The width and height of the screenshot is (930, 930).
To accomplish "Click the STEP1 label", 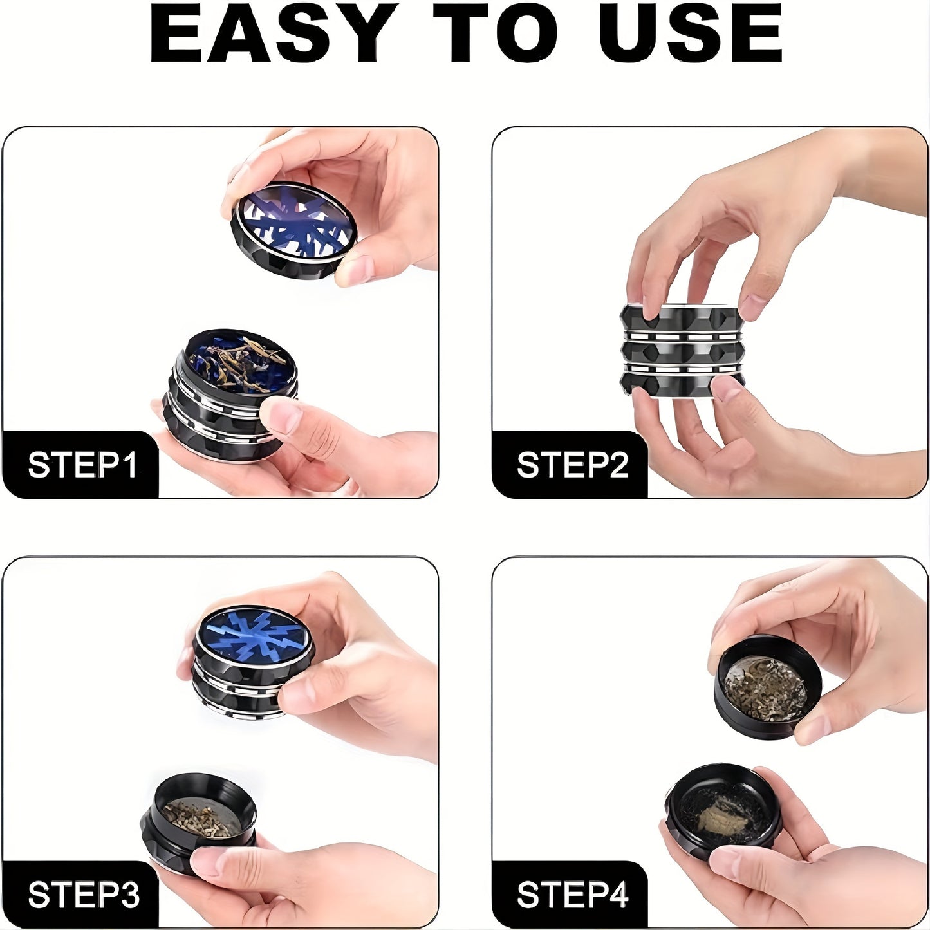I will point(82,465).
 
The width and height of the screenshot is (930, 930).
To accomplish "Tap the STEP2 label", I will point(572,465).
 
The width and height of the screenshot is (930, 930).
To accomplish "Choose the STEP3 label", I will point(82,895).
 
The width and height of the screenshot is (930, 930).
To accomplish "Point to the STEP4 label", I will point(572,895).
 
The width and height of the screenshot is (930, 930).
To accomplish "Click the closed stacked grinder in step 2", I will point(682,351).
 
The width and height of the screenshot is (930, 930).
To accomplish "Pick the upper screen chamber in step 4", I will point(766,689).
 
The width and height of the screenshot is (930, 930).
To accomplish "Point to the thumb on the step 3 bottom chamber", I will point(212,862).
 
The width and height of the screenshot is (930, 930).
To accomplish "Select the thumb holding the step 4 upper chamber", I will point(814,727).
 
